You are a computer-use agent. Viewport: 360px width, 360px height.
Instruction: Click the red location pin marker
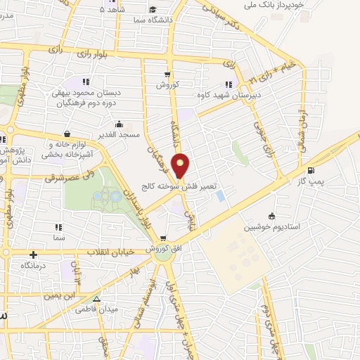click(181, 166)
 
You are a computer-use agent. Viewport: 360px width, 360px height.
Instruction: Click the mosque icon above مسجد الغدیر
click(119, 124)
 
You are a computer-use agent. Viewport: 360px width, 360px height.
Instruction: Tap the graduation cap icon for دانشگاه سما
click(153, 9)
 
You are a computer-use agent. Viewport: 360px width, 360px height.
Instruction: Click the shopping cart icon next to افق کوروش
click(163, 240)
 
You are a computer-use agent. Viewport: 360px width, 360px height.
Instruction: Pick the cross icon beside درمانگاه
click(32, 255)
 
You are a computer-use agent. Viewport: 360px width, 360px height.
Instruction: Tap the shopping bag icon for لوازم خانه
click(67, 134)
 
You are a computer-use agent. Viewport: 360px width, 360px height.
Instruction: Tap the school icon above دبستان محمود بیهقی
click(86, 82)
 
